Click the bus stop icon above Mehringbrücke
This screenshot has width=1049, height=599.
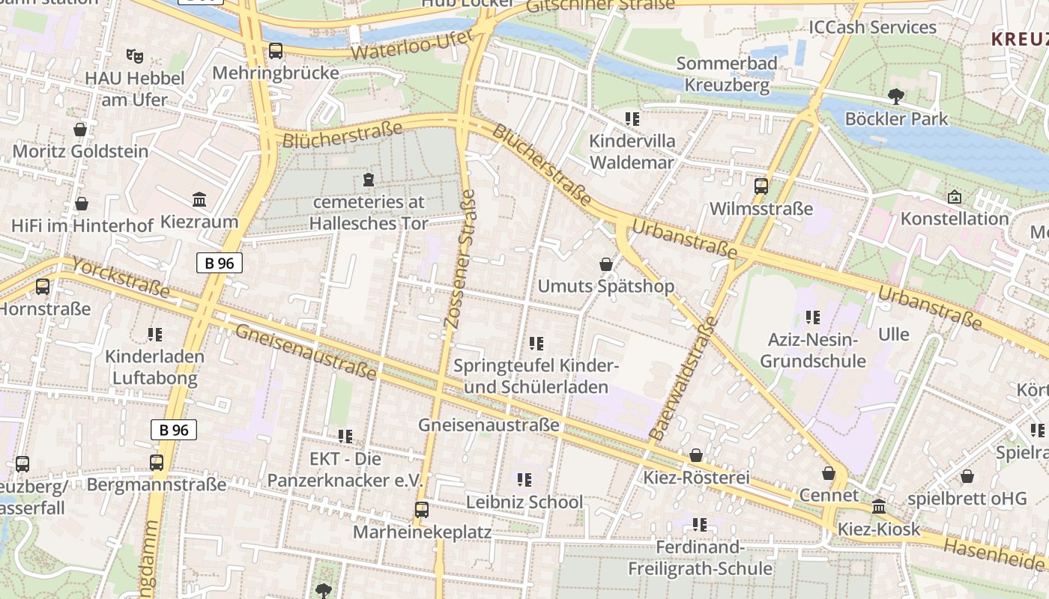pos(276,51)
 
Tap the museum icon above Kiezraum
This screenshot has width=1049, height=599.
pos(199,200)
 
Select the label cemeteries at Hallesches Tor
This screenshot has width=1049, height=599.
pos(368,213)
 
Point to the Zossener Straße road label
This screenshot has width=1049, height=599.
pos(460,259)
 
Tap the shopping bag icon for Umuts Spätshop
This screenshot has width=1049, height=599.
pos(606,264)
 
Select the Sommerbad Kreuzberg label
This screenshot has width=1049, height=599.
pos(727,74)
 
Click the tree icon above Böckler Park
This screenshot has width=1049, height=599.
pos(895,96)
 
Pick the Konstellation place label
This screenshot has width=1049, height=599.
pos(955,219)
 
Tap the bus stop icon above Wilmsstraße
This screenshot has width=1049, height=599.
pos(761,186)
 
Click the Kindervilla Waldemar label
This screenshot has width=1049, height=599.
pos(632,151)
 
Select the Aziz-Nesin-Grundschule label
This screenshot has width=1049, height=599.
pos(813,350)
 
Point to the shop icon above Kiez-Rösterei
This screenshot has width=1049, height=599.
pos(696,455)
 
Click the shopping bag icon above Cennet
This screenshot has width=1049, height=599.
pos(829,473)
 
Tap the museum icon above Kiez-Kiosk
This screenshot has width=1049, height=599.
pos(879,507)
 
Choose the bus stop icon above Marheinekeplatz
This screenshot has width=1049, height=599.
pos(422,510)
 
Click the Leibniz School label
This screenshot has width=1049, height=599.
pos(524,502)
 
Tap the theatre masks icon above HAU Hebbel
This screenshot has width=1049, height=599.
pos(135,55)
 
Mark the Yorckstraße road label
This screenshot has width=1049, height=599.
pos(121,278)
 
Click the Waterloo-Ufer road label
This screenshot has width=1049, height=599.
pos(413,46)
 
